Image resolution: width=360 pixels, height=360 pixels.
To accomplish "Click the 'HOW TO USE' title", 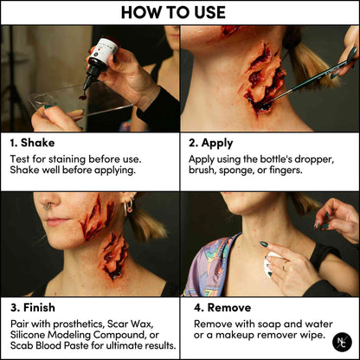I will tap(179, 12).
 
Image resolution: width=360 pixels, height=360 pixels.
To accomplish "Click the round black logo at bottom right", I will tap(344, 344).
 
